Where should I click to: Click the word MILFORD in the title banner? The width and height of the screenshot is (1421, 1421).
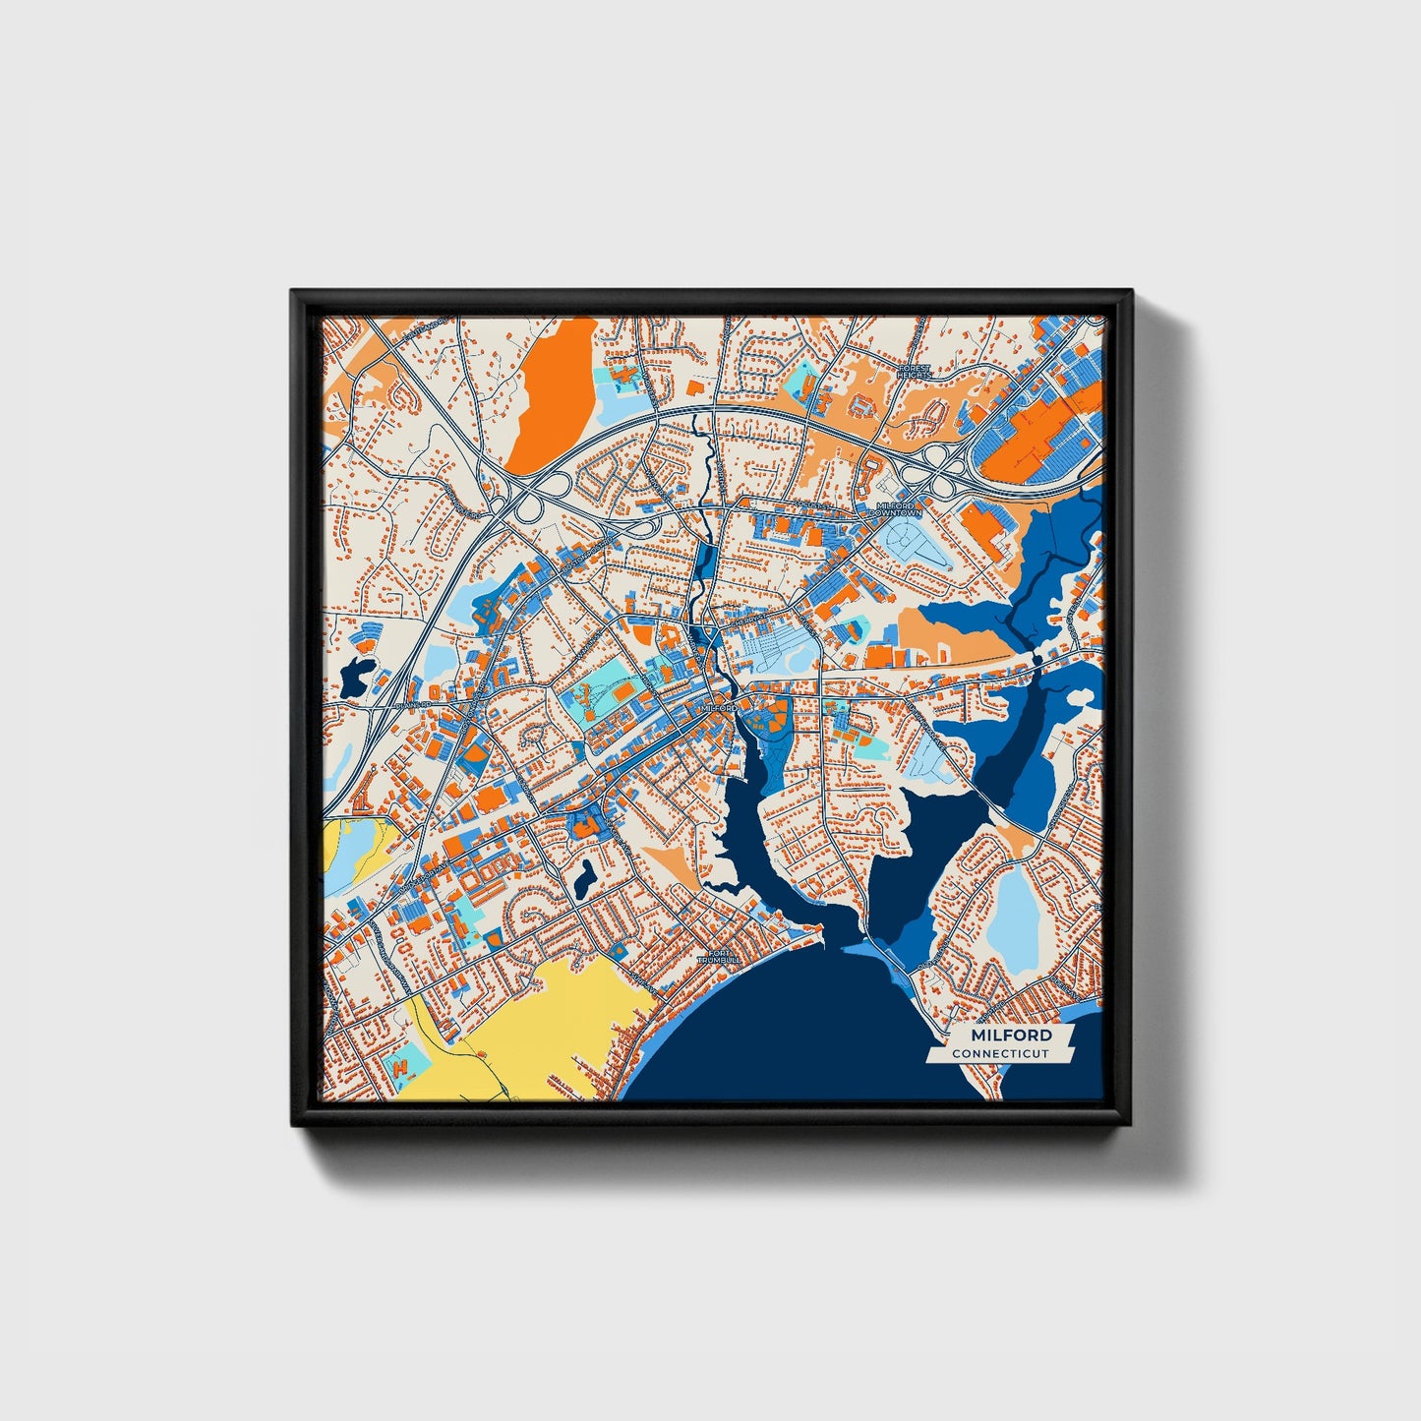tap(1010, 1036)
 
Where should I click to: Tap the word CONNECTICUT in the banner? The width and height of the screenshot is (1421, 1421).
tap(999, 1054)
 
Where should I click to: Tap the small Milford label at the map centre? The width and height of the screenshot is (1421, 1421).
tap(719, 708)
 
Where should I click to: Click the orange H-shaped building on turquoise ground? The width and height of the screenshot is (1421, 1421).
tap(401, 1065)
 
